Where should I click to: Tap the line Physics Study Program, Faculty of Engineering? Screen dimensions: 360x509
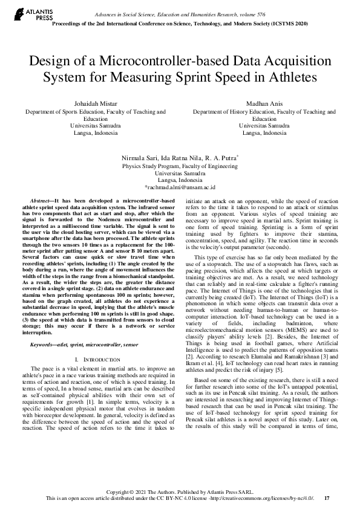point(180,164)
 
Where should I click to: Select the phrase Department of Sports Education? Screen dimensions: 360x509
point(63,112)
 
